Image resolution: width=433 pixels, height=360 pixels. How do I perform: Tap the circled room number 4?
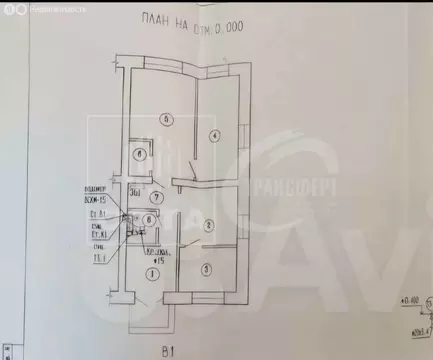point(213,137)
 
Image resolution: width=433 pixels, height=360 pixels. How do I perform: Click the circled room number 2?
point(207,226)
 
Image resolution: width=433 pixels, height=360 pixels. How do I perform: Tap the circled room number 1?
point(150,273)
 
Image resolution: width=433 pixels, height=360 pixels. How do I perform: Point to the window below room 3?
point(206,297)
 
